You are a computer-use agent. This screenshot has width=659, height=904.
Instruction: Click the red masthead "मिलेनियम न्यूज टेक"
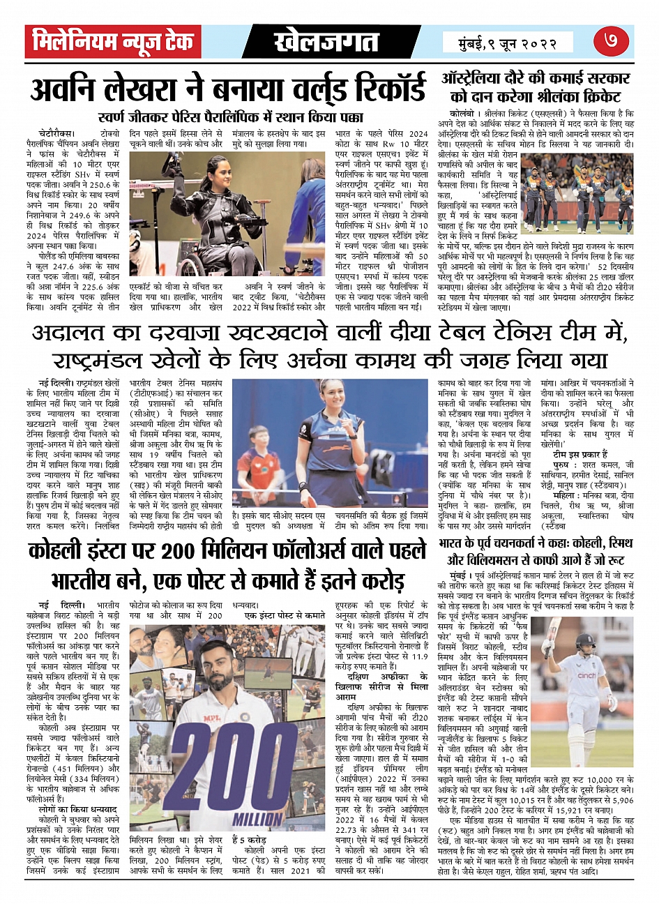pos(113,43)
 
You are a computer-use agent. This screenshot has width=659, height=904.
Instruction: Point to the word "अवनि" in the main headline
pos(68,91)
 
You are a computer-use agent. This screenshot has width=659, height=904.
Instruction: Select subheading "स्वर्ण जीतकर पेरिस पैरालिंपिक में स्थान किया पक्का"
pos(231,117)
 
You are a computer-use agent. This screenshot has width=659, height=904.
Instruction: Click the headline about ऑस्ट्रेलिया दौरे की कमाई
pos(536,87)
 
